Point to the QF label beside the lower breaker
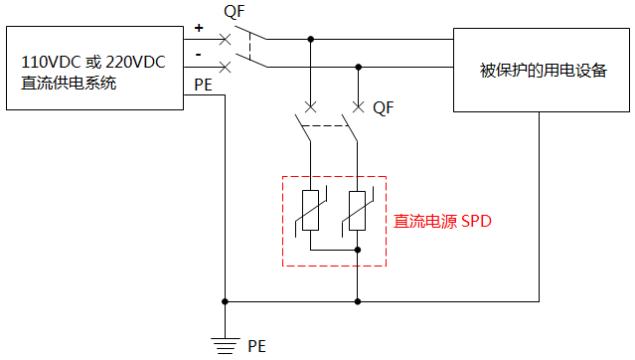point(384,106)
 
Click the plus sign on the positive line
point(199,29)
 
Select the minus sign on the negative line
point(199,53)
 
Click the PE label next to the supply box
point(203,85)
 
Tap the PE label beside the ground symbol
point(256,346)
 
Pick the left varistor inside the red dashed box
point(310,211)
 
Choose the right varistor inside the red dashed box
point(357,211)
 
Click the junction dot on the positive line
point(311,40)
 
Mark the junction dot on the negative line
point(358,68)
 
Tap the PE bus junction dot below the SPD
point(357,299)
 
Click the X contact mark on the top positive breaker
point(226,40)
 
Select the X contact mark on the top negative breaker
point(226,68)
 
